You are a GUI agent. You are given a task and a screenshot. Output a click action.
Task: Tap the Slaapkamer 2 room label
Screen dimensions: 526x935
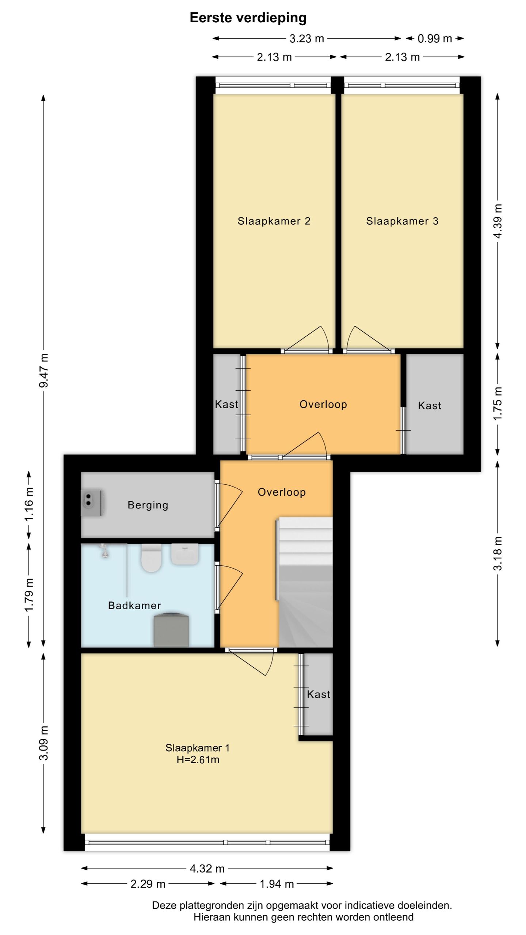(274, 221)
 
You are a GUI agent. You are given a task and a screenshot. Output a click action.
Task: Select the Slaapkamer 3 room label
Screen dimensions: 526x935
(402, 221)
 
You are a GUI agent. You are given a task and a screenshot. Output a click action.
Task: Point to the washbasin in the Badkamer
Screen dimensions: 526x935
(185, 554)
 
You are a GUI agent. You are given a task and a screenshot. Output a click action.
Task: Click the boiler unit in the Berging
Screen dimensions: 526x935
(91, 503)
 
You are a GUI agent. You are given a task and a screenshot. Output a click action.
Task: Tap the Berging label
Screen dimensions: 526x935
(148, 505)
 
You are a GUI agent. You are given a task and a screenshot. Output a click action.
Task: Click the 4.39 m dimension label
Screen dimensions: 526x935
(498, 221)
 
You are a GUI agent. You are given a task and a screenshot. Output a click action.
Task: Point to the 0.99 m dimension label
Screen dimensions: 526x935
(435, 39)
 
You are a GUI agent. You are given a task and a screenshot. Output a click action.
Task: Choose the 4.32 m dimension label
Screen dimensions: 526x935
(207, 869)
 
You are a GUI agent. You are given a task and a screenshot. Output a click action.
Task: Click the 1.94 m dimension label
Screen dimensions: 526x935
(277, 884)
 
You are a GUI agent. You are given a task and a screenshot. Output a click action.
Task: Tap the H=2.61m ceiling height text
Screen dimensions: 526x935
(198, 760)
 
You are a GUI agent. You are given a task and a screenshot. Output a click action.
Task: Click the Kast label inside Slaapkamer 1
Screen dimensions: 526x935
(319, 694)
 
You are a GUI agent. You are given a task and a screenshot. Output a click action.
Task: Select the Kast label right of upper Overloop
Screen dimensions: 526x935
(430, 405)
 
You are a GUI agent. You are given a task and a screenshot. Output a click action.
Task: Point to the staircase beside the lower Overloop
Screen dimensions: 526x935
(305, 582)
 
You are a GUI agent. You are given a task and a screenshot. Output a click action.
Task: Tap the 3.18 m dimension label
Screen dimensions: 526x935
(498, 554)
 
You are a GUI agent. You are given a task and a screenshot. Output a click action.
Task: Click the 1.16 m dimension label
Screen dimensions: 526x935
(29, 504)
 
